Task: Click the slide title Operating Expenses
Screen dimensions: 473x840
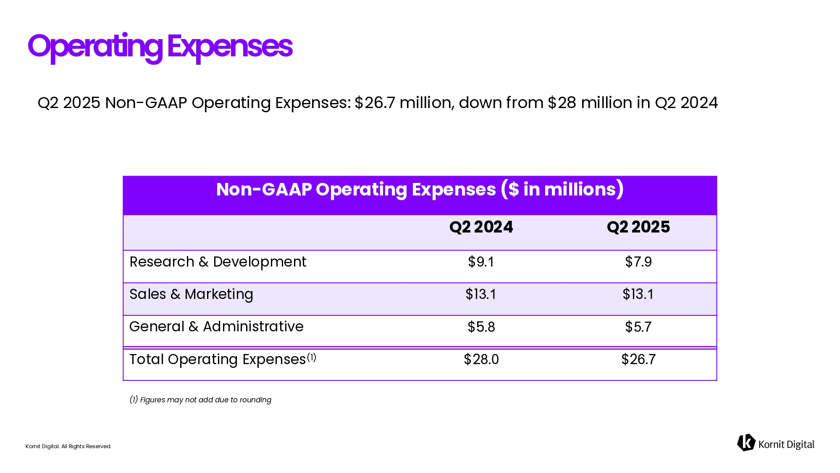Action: (x=160, y=46)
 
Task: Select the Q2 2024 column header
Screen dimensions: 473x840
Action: (x=481, y=227)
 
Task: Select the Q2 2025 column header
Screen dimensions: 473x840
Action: (x=638, y=227)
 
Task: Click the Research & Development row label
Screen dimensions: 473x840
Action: (x=218, y=262)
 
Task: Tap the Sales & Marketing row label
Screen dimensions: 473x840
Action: (x=191, y=294)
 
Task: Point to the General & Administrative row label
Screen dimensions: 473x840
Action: (x=216, y=327)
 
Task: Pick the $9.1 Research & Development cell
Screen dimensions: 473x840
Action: (x=481, y=262)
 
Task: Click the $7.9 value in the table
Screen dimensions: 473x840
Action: (x=638, y=262)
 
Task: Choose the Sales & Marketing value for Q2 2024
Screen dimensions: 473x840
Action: (x=481, y=294)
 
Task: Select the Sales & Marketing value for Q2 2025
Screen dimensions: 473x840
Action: (x=638, y=294)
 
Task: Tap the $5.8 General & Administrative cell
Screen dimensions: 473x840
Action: (x=481, y=327)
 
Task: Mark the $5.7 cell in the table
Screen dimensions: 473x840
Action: (x=638, y=327)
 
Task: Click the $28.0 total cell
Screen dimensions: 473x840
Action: (x=481, y=359)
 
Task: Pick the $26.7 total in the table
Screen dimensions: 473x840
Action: (x=638, y=359)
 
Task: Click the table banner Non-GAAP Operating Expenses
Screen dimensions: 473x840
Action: (x=420, y=190)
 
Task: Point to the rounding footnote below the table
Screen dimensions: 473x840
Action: (x=200, y=400)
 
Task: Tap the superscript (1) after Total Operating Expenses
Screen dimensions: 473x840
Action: (x=311, y=357)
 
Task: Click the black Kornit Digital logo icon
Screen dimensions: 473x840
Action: (x=746, y=443)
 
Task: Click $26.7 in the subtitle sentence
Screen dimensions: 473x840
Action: (x=375, y=103)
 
